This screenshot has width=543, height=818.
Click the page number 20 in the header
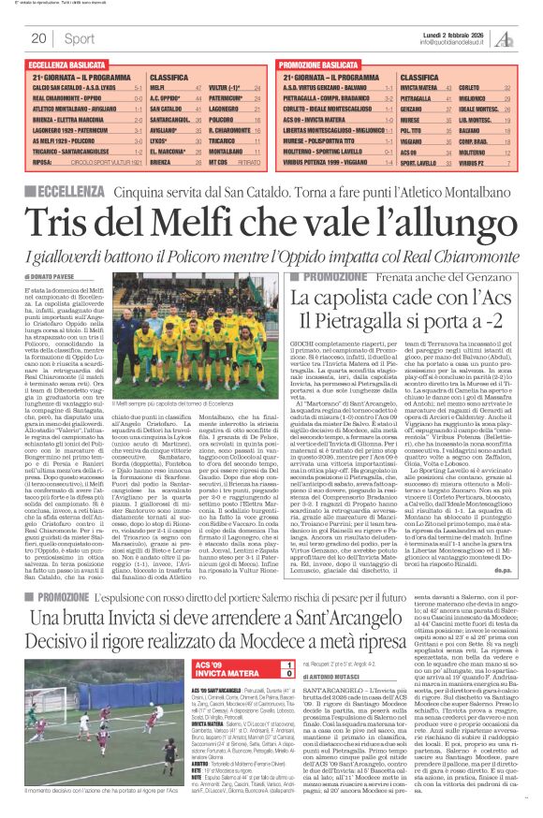[x=39, y=38]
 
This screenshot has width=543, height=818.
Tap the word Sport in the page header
[x=80, y=38]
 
